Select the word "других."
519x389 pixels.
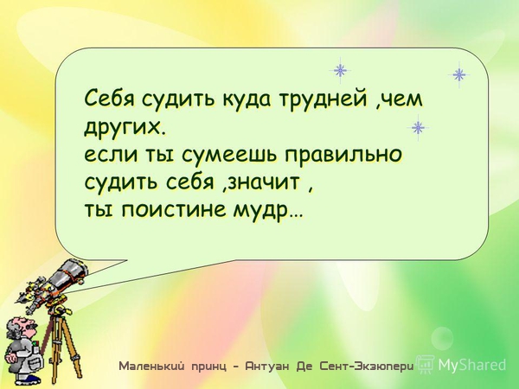[124, 126]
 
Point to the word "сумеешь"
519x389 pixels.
[232, 155]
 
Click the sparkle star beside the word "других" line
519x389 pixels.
[418, 127]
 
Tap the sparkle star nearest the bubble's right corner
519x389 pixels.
[459, 74]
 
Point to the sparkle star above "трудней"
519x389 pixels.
[340, 71]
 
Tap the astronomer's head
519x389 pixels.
[21, 327]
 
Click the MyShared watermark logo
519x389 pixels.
[462, 365]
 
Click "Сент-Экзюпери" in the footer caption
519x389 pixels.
[367, 367]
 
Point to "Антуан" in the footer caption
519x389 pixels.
[267, 367]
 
